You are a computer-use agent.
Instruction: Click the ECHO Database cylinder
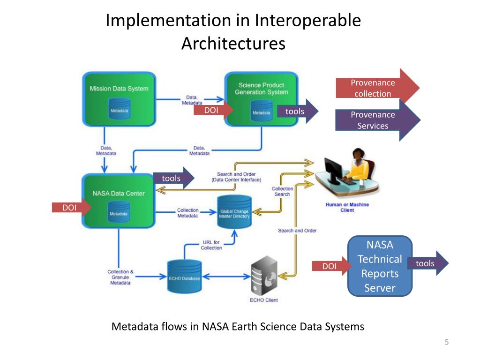point(184,277)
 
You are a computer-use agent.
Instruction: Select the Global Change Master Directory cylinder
point(234,212)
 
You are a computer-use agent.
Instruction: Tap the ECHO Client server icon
point(264,276)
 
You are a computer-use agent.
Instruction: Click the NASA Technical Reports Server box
point(380,266)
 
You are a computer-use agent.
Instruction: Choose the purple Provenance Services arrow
point(378,120)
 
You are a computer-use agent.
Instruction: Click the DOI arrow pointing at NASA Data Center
point(72,208)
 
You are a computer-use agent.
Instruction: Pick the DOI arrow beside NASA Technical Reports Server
point(332,266)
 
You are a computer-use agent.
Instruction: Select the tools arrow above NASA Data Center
point(173,178)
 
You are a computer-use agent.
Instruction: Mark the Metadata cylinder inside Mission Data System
point(119,109)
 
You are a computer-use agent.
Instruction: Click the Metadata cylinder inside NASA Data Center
point(119,212)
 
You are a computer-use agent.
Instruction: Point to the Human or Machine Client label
point(347,207)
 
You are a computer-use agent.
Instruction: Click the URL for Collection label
point(211,245)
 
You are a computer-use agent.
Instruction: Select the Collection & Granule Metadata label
point(120,277)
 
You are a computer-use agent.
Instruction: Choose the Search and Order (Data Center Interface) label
point(236,177)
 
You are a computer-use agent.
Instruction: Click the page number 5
point(447,342)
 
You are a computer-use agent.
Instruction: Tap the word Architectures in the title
point(233,44)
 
